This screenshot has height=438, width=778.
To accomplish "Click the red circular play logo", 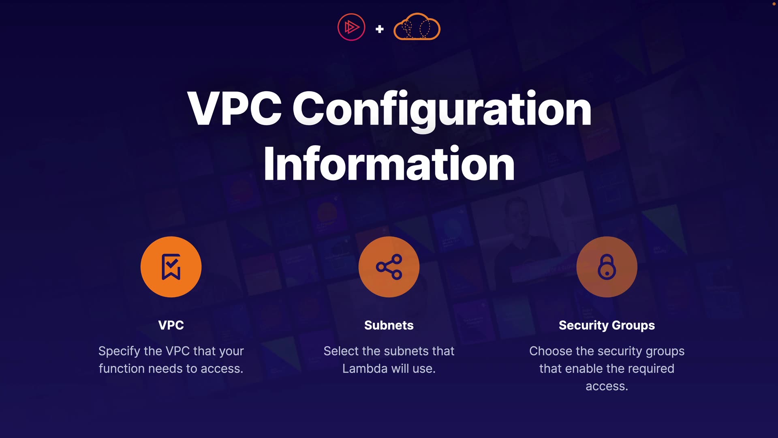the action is (x=351, y=27).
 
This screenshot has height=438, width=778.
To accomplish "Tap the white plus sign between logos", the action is (x=380, y=29).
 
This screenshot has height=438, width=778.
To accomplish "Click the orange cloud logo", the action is (x=417, y=27).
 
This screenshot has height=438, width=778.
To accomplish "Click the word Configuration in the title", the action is (x=442, y=109).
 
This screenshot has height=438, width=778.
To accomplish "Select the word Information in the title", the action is (x=389, y=164).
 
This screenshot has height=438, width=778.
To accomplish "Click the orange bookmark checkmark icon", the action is (x=171, y=267).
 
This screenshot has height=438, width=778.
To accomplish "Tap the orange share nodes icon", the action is (x=389, y=267).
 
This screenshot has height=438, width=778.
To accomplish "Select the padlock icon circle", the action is (x=607, y=267).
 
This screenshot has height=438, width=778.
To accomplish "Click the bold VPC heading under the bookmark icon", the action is (x=171, y=325).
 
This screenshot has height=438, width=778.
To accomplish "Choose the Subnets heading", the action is (x=389, y=325).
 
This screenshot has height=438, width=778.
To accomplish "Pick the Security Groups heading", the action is (x=607, y=325).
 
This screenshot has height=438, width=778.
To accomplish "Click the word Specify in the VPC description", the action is (x=119, y=351).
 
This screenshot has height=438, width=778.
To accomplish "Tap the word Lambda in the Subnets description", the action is (x=365, y=369).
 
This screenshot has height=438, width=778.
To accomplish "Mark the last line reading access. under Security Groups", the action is (x=607, y=386).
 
